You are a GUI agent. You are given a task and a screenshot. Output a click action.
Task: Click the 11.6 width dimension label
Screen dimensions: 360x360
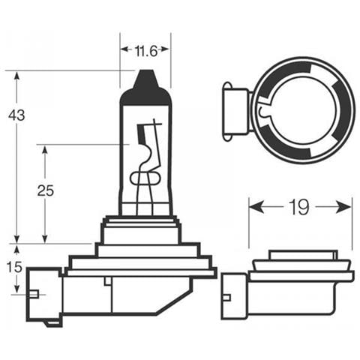tap(145, 51)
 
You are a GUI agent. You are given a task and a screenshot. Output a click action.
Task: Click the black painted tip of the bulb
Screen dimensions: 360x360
tap(145, 88)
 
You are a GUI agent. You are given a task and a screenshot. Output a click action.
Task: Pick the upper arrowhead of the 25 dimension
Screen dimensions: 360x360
tap(45, 149)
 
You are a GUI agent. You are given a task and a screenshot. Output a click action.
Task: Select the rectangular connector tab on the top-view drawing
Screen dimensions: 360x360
tap(235, 110)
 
